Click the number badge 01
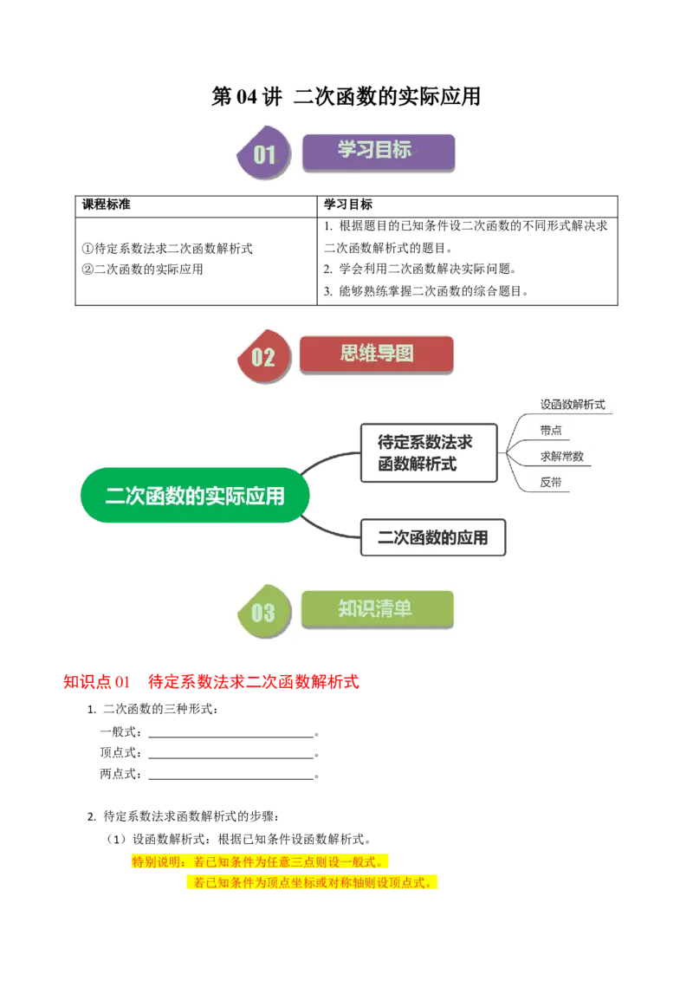tap(263, 155)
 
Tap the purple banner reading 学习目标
tap(378, 151)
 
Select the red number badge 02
tap(262, 356)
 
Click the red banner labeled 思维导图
tap(376, 354)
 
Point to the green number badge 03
tap(262, 612)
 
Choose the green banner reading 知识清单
tap(377, 609)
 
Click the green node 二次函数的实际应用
tap(195, 496)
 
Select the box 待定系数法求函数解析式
tap(428, 453)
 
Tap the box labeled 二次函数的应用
tap(432, 537)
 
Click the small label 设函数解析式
tap(572, 404)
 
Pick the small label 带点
tap(550, 430)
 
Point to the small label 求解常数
tap(561, 456)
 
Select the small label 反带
tap(550, 482)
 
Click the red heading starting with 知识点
tap(210, 682)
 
